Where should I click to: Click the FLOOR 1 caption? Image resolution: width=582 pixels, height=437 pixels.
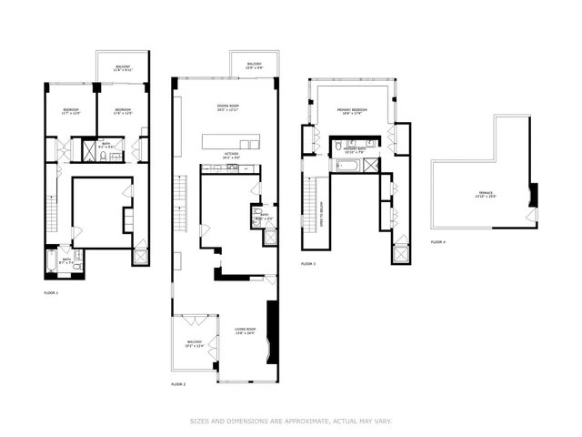pyautogui.click(x=51, y=293)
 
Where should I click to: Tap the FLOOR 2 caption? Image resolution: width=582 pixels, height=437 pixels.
pyautogui.click(x=178, y=385)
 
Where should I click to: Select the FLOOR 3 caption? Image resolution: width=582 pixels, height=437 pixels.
pyautogui.click(x=308, y=263)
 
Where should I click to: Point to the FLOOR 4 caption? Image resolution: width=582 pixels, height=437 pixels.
pyautogui.click(x=438, y=242)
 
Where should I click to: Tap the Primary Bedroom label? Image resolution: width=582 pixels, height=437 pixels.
pyautogui.click(x=351, y=111)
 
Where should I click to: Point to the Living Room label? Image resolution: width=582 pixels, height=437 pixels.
pyautogui.click(x=244, y=330)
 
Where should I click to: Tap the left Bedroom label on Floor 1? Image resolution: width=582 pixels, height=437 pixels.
pyautogui.click(x=72, y=112)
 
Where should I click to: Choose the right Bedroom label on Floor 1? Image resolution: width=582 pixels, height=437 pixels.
pyautogui.click(x=123, y=112)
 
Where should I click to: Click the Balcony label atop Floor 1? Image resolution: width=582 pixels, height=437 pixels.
pyautogui.click(x=122, y=68)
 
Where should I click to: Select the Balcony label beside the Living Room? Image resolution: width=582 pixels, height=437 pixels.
pyautogui.click(x=194, y=344)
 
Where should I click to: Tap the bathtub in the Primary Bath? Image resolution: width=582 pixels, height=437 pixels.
pyautogui.click(x=348, y=166)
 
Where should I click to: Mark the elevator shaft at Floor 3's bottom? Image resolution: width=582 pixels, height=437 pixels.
pyautogui.click(x=398, y=252)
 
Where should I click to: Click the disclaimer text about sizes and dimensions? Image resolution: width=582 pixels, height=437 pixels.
pyautogui.click(x=291, y=421)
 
